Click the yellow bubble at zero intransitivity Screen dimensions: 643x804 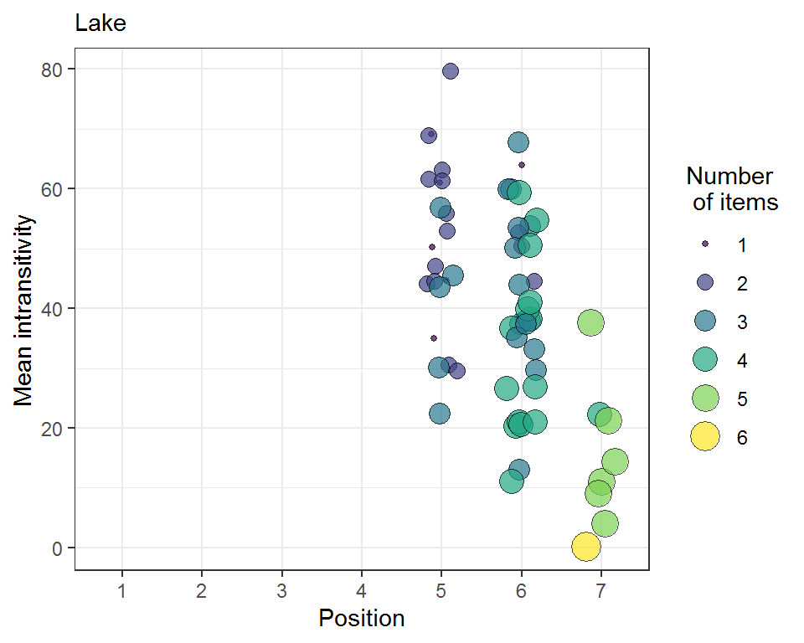click(x=586, y=547)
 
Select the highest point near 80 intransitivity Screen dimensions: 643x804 click(x=450, y=71)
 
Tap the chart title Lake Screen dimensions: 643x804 click(x=100, y=23)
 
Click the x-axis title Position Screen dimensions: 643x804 click(x=361, y=619)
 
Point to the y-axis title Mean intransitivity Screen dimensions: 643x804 click(x=24, y=310)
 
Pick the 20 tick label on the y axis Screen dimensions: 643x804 click(x=53, y=428)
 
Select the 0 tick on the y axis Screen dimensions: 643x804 click(x=58, y=548)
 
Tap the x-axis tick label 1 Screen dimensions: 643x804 click(x=122, y=590)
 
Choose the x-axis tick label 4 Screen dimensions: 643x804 click(x=362, y=590)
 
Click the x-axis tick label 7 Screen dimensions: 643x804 click(x=600, y=590)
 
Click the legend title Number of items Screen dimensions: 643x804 click(x=731, y=189)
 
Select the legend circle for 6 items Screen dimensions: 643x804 click(x=705, y=437)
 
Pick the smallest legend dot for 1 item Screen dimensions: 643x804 click(x=705, y=244)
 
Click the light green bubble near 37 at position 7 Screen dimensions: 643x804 click(x=590, y=322)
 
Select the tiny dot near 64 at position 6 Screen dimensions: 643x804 click(x=521, y=165)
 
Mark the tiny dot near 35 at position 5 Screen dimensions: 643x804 click(x=434, y=338)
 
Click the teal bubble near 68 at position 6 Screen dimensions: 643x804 click(x=518, y=142)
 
